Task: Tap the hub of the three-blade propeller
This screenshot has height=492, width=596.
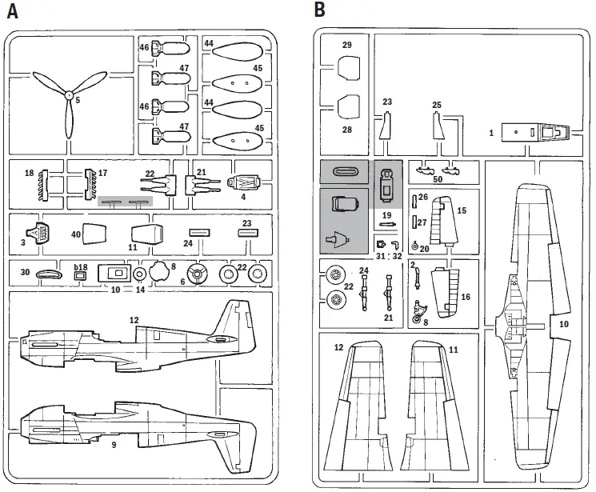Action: click(69, 100)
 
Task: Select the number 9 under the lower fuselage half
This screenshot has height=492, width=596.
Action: click(114, 444)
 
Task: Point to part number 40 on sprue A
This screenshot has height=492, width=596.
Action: click(76, 234)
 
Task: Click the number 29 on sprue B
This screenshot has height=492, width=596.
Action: click(346, 46)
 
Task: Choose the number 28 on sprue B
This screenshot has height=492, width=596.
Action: click(346, 129)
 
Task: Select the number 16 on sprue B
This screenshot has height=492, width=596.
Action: click(465, 295)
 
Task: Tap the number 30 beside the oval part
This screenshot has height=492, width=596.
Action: click(25, 272)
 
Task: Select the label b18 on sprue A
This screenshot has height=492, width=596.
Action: click(81, 266)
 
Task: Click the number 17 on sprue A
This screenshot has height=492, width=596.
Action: click(102, 173)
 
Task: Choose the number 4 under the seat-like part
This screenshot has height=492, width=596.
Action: click(243, 196)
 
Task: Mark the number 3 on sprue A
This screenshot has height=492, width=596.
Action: click(22, 242)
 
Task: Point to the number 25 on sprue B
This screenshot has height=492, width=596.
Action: click(436, 105)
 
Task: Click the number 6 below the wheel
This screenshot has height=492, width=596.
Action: click(182, 282)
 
